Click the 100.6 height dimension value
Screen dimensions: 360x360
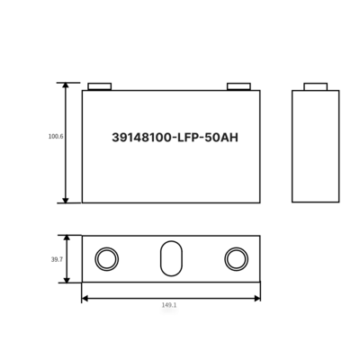tap(56, 137)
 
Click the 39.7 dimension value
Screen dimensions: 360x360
tap(57, 259)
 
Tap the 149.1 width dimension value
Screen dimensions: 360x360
tap(169, 305)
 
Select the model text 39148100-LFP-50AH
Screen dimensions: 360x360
tap(175, 139)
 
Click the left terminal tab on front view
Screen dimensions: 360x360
tap(99, 86)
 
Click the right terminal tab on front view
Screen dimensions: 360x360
tap(238, 86)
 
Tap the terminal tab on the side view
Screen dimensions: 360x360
tap(315, 86)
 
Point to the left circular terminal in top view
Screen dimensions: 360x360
tap(106, 259)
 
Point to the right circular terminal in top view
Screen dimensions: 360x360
tap(236, 259)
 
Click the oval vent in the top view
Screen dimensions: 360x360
tap(171, 258)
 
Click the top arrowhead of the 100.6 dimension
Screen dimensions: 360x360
tap(66, 86)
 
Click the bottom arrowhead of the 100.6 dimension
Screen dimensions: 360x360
tap(66, 199)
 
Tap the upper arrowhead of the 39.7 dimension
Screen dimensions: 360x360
tap(67, 239)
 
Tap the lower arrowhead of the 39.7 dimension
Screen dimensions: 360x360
tap(67, 279)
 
